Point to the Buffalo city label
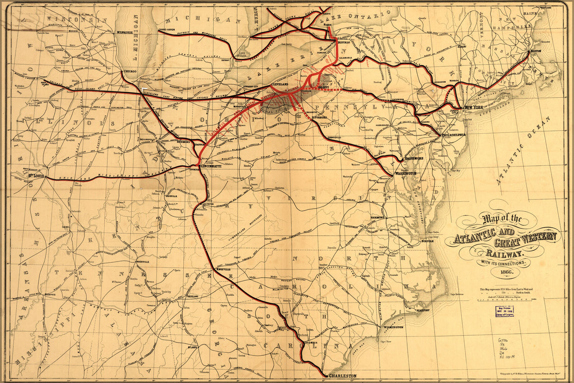click(345, 43)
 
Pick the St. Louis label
click(36, 176)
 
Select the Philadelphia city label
click(454, 135)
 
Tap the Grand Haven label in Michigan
click(167, 29)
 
